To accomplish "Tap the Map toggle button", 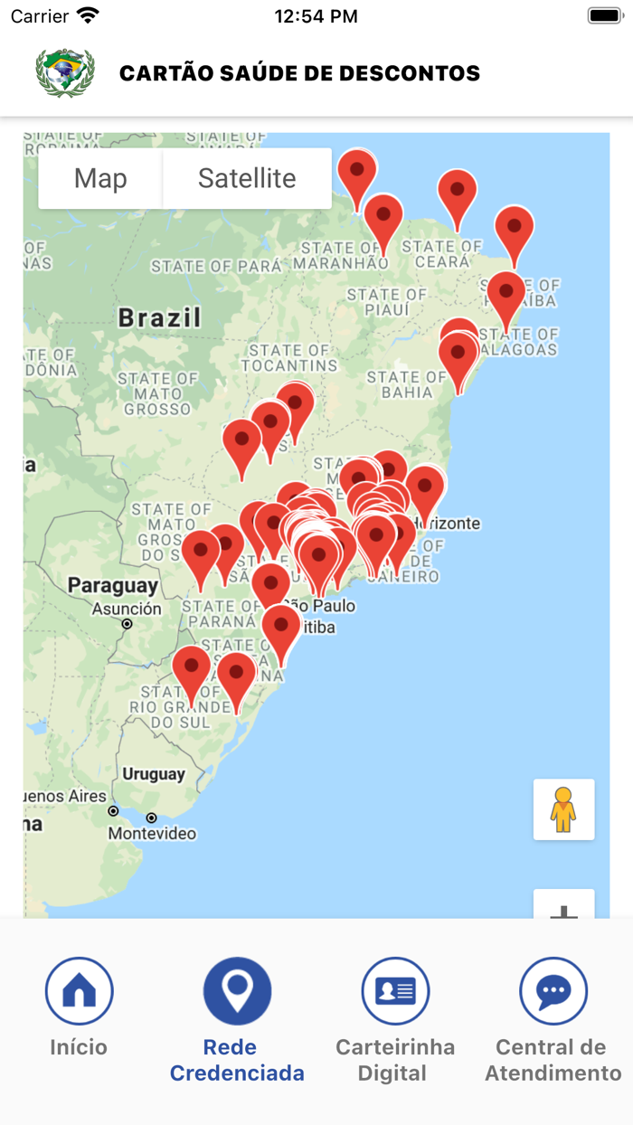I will point(100,178).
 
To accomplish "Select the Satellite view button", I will point(247,178).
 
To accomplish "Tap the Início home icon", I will point(79,991).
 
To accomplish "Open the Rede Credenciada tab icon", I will point(237,991).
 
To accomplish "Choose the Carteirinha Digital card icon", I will point(395,991).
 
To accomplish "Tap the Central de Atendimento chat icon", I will point(553,991).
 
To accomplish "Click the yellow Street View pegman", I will point(563,809).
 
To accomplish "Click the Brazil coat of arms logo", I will point(65,72).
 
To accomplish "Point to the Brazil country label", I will point(159,317).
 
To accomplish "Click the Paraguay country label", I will point(113,585).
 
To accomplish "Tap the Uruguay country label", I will point(154,774).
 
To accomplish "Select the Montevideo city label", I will point(152,834).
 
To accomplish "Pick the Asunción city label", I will point(127,609).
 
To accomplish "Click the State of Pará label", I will point(216,266).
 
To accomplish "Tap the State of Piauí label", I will point(387,302).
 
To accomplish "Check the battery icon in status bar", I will point(604,15).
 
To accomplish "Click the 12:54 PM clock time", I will point(316,16).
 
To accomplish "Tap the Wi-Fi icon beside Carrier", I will point(88,15).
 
